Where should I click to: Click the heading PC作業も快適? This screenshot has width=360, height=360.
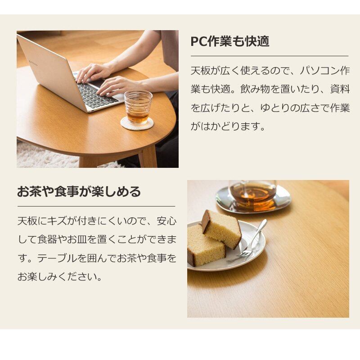(230, 41)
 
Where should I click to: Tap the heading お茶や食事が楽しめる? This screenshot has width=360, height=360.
(79, 192)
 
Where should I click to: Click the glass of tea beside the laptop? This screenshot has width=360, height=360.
(138, 108)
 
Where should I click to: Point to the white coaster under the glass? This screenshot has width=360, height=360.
(137, 124)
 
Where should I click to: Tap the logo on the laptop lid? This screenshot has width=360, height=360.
(33, 63)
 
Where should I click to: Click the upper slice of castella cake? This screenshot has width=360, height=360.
(221, 229)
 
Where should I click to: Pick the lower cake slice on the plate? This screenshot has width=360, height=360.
(206, 246)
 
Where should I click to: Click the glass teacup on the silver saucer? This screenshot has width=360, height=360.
(252, 195)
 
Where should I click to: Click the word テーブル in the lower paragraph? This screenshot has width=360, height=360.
(57, 258)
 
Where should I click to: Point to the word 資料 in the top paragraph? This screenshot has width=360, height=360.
(340, 89)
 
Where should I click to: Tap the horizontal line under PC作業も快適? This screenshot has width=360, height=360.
(270, 56)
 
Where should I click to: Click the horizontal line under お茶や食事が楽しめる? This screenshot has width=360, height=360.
(96, 207)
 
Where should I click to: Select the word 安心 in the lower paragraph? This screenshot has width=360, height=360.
(166, 221)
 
